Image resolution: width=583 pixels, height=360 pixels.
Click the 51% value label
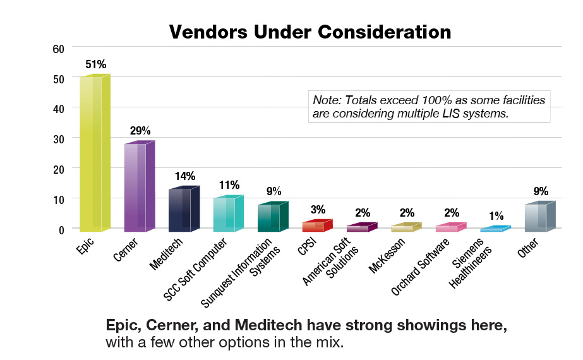96,64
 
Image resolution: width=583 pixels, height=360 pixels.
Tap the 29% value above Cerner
140,131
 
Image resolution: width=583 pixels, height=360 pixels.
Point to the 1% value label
496,215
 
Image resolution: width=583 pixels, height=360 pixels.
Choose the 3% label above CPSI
318,209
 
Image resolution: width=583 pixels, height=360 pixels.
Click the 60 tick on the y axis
58,48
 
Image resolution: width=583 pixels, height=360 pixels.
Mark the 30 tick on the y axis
58,138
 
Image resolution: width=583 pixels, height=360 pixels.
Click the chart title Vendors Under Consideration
310,32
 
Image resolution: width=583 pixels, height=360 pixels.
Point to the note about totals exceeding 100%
429,107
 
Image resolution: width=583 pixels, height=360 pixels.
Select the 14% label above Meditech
184,176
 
